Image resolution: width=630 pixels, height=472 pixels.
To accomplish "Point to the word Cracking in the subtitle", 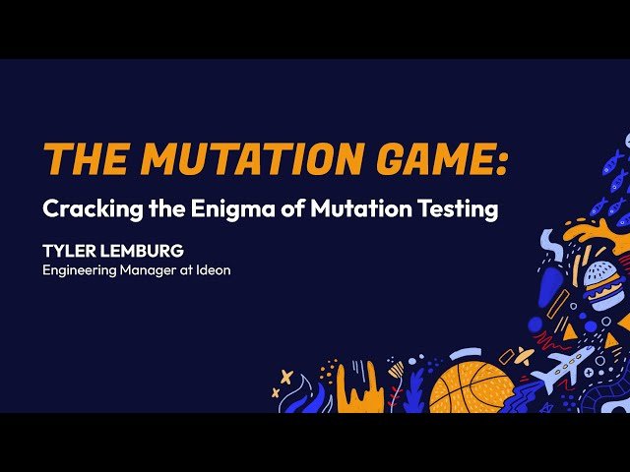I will (86, 209).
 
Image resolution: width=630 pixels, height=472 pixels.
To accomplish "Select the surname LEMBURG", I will (142, 252).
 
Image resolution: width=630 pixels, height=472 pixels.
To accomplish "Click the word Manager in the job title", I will (157, 269).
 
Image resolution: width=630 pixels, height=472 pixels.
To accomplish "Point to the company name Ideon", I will (214, 269).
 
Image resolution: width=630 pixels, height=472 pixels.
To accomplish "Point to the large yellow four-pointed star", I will (286, 376).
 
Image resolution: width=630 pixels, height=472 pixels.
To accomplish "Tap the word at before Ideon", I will (188, 269).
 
